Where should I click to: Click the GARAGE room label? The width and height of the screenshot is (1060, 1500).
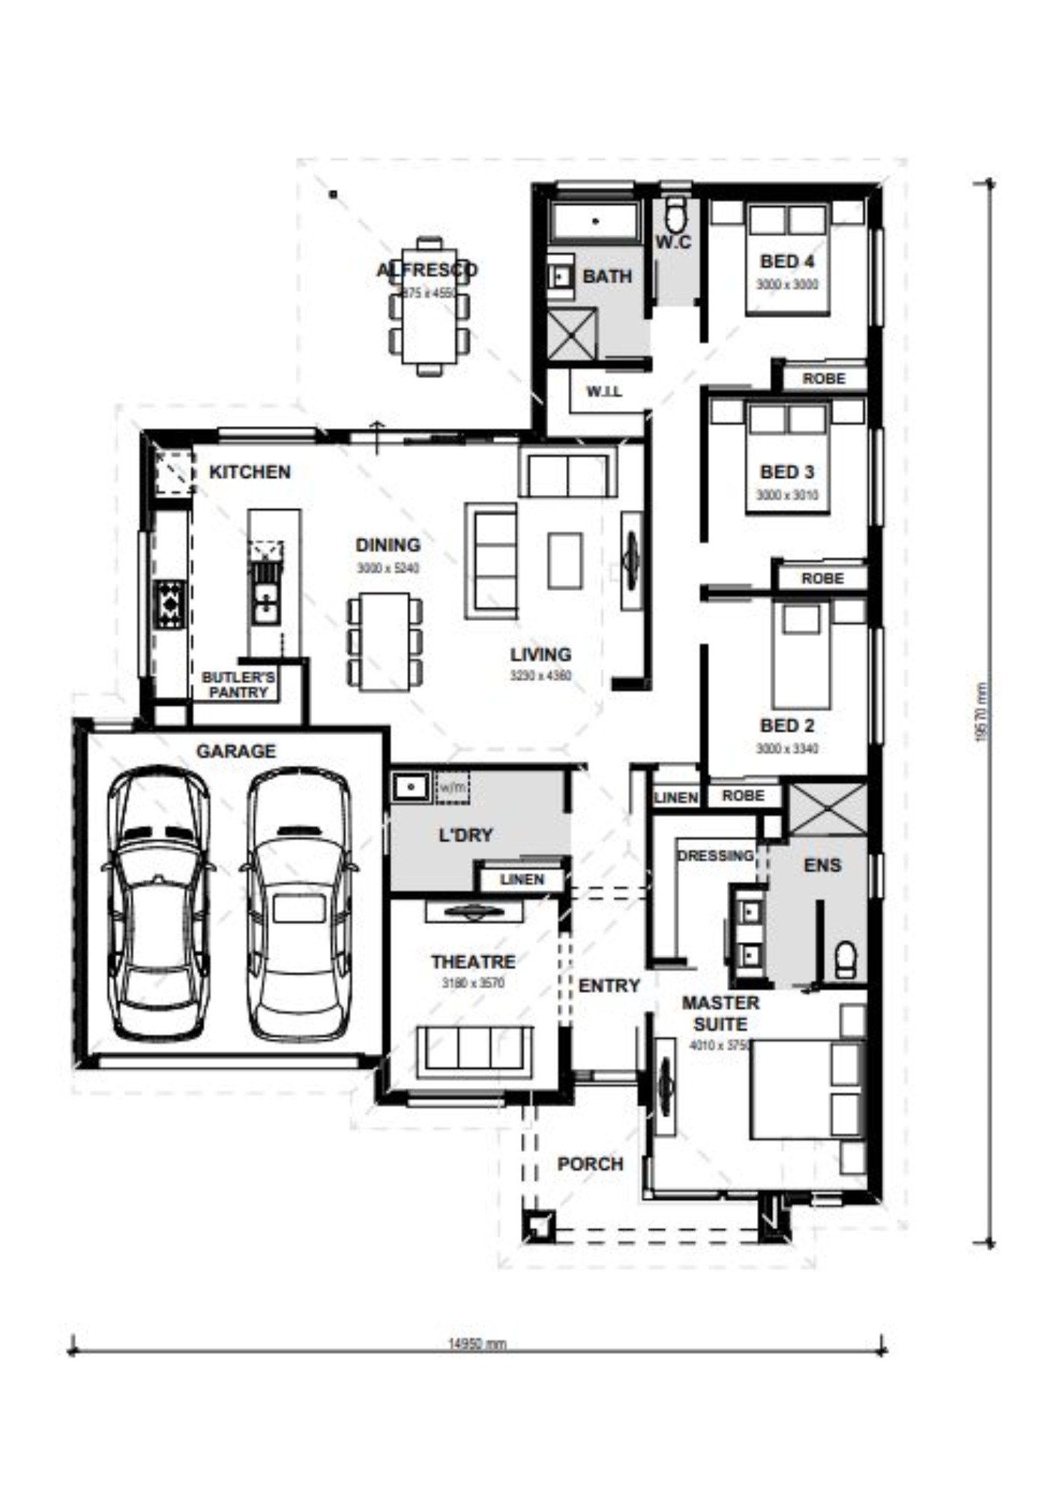click(235, 751)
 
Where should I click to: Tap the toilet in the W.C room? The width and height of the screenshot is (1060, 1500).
click(675, 215)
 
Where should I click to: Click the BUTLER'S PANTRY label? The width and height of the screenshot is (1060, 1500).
click(238, 685)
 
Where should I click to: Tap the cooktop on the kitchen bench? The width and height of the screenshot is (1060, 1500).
click(169, 604)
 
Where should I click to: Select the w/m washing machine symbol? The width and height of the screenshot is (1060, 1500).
click(452, 788)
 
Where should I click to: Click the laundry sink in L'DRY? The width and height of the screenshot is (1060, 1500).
click(411, 787)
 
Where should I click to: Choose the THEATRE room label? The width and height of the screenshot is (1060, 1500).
click(472, 961)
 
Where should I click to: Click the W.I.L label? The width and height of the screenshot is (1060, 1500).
click(603, 391)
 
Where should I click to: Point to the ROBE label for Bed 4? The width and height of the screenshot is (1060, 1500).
click(823, 379)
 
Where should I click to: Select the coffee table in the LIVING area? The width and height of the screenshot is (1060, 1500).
click(564, 560)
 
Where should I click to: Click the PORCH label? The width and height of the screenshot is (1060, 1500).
click(590, 1164)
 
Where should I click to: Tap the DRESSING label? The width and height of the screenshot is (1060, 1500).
click(714, 856)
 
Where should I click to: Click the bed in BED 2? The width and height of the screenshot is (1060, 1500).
click(801, 657)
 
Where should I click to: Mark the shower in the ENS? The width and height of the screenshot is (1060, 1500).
click(828, 808)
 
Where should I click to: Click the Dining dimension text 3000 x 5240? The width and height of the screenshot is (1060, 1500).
click(388, 568)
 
